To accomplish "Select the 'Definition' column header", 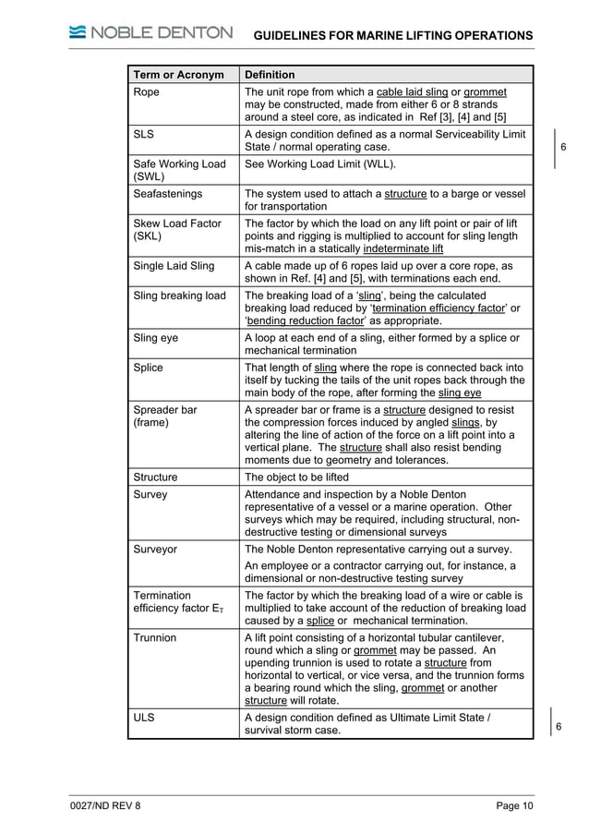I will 270,75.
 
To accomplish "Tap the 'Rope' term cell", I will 147,92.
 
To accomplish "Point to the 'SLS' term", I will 145,134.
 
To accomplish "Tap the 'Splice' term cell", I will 149,368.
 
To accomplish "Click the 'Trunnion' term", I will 155,638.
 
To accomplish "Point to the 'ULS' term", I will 146,717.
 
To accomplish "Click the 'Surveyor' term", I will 155,549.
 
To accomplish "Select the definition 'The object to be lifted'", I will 304,477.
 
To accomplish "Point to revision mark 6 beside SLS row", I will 563,148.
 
